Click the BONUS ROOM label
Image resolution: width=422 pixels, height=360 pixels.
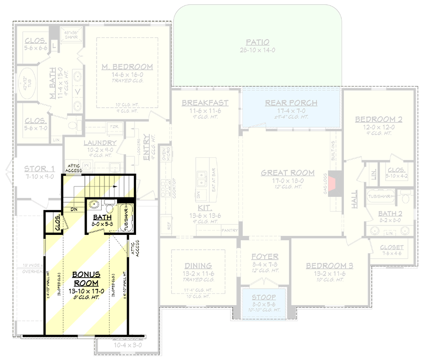point(87,279)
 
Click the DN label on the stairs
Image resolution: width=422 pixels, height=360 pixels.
point(73,209)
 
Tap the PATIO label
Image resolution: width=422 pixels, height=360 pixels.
point(257,42)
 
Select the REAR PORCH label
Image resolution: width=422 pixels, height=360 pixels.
point(291,103)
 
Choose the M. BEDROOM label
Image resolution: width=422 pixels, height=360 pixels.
point(127,67)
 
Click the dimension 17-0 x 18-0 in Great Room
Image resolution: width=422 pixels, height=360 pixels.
point(287,180)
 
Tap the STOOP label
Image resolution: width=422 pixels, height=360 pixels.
point(263,298)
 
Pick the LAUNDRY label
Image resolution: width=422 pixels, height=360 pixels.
point(100,143)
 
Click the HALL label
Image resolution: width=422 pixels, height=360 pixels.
point(354,199)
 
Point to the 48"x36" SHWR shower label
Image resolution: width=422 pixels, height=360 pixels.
point(71,33)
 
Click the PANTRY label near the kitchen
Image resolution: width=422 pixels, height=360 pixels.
point(229,230)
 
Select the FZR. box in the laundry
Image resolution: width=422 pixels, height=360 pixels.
point(113,127)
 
